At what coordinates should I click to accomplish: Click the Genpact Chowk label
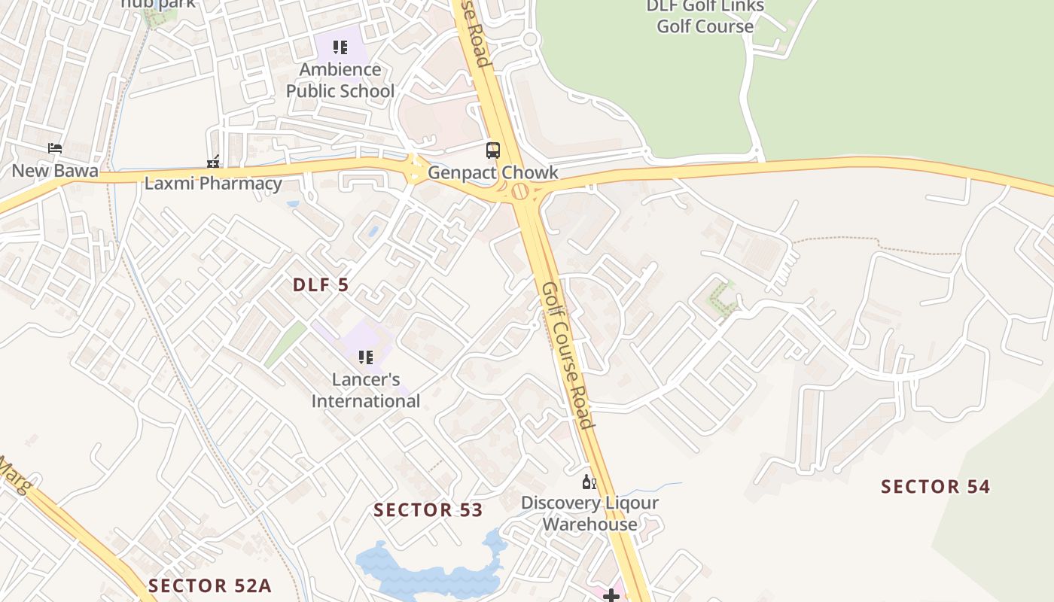[493, 173]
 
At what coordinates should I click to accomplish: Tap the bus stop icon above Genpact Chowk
[493, 150]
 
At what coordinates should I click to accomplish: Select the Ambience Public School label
[340, 80]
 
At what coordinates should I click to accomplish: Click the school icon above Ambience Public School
[340, 48]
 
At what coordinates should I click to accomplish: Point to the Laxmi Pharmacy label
[213, 183]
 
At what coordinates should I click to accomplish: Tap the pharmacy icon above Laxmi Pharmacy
[213, 162]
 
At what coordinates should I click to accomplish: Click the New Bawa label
[55, 171]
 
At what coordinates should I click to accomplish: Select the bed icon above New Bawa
[55, 148]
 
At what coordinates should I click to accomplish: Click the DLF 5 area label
[321, 285]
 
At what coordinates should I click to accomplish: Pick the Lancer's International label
[366, 390]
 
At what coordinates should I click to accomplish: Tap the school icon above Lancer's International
[366, 357]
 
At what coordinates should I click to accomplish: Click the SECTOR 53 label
[428, 510]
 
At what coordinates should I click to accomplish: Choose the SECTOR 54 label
[936, 487]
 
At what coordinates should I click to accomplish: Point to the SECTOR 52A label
[209, 585]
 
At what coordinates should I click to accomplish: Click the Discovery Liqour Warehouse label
[590, 513]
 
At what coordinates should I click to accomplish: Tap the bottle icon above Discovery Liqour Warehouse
[589, 482]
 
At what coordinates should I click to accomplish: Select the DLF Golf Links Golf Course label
[705, 17]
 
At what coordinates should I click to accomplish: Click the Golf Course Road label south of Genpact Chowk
[566, 354]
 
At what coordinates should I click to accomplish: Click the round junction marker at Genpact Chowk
[520, 191]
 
